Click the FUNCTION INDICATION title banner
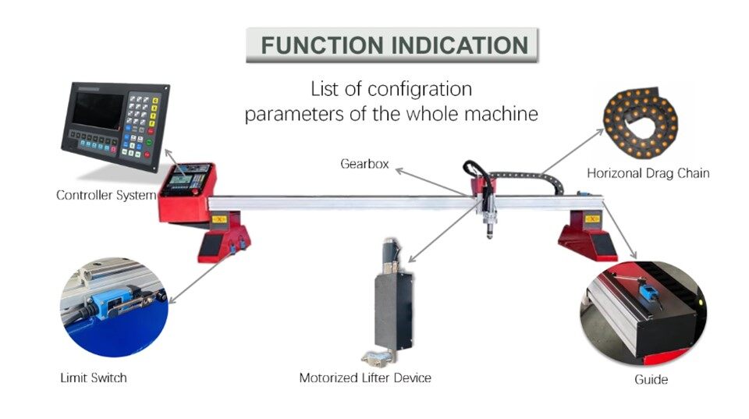point(392,45)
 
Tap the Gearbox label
point(364,165)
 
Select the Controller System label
point(106,195)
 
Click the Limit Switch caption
point(93,378)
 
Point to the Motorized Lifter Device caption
point(365,378)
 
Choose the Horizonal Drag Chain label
point(648,173)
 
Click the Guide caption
point(651,380)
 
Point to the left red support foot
point(223,240)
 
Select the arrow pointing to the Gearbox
point(433,179)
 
